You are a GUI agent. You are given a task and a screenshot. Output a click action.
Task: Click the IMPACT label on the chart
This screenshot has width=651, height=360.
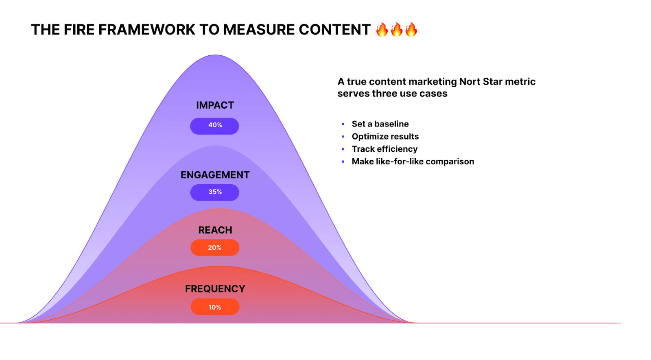215,105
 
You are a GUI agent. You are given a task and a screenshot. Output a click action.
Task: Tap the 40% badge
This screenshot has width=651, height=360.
214,126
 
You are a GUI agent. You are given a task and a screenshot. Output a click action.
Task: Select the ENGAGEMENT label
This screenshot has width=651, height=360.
215,175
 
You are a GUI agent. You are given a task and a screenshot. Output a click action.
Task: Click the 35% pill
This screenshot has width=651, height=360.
214,192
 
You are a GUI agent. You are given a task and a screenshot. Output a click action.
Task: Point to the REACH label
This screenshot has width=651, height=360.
215,230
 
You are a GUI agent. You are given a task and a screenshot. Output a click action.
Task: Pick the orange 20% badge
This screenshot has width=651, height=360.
214,247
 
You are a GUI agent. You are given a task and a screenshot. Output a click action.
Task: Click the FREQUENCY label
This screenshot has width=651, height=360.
215,289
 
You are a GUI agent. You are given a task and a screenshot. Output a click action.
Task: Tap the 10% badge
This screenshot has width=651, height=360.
214,307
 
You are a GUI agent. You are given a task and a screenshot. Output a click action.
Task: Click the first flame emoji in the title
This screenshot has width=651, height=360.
382,30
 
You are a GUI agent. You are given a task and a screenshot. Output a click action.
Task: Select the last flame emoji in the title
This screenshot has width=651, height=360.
411,30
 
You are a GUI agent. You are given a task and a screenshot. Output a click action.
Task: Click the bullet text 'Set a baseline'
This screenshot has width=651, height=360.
380,124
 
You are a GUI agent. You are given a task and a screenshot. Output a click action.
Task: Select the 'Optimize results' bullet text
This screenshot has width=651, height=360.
385,137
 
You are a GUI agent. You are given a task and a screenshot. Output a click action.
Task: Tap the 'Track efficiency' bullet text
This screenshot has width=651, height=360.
384,149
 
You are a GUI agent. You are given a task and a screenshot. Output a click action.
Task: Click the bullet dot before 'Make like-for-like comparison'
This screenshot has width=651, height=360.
343,161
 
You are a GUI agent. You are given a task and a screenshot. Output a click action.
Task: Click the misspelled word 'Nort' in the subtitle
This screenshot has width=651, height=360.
470,82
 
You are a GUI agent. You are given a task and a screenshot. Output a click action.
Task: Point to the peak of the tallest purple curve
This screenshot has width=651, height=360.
215,55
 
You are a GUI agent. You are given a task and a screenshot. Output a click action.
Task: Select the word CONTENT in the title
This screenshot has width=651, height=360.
334,30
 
